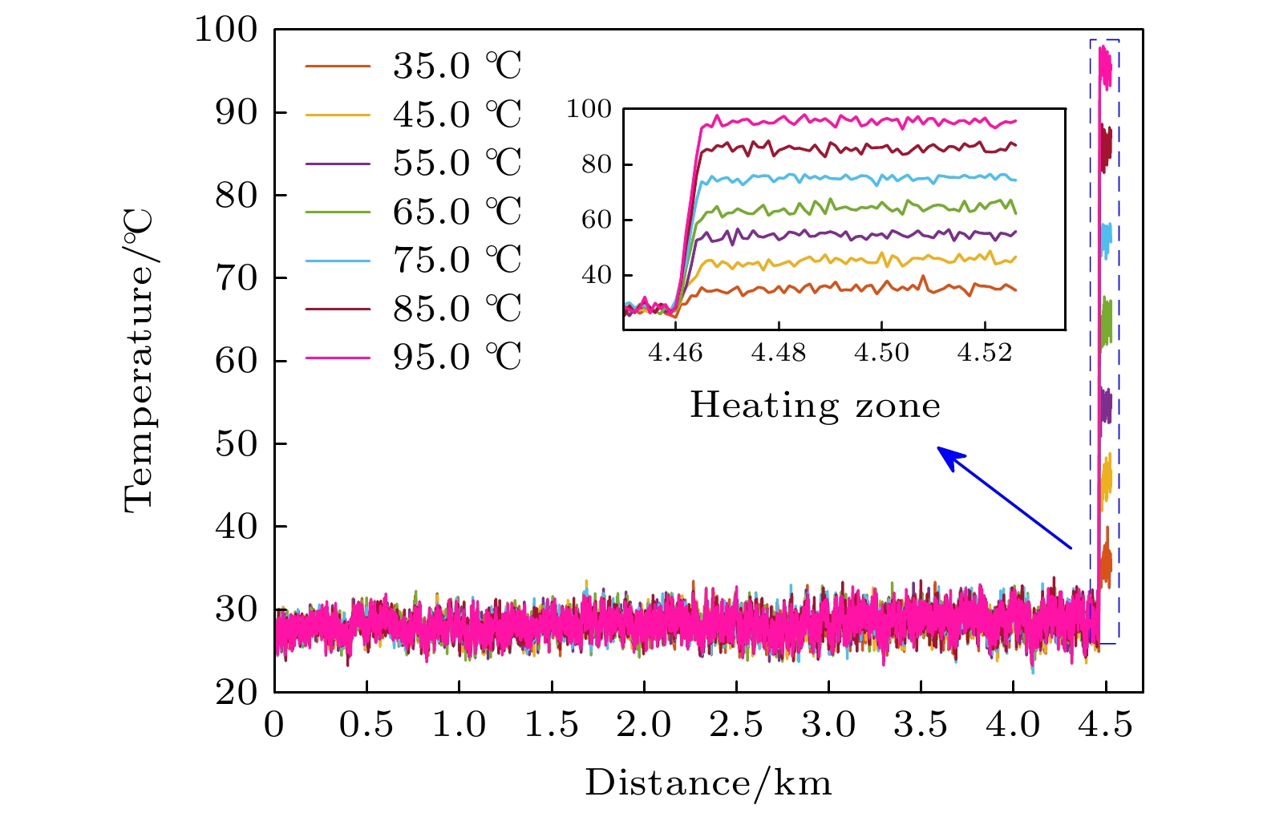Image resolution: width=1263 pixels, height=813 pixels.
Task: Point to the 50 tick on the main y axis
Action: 237,443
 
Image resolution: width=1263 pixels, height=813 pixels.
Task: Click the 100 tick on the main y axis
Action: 226,30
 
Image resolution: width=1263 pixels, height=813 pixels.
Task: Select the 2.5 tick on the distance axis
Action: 736,725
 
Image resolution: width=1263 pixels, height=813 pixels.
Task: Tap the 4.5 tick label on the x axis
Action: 1105,725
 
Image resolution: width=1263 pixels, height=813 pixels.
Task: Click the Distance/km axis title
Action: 708,783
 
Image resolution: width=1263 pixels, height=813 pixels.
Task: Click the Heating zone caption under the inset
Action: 815,406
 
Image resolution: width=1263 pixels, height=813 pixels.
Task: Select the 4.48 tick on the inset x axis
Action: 778,353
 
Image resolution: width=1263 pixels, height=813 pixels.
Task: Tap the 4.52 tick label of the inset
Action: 985,353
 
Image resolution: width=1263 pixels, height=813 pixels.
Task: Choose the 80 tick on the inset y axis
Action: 596,164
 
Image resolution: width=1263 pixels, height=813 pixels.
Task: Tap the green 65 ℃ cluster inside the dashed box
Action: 1107,321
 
